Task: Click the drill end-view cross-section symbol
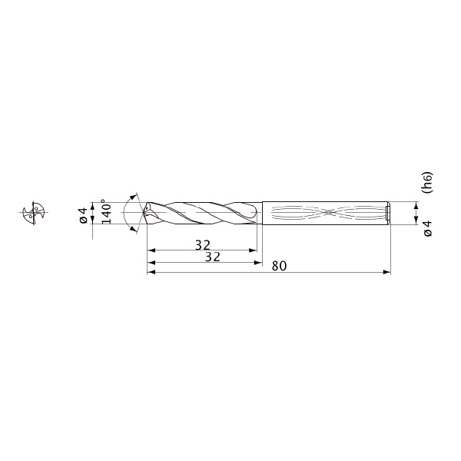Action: point(34,213)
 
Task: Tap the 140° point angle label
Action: point(108,211)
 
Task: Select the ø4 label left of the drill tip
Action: point(84,215)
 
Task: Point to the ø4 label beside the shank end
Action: point(428,228)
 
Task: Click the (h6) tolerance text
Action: point(428,182)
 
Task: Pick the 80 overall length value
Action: point(279,266)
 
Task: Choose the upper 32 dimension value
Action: point(203,245)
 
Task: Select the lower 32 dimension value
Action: point(213,257)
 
